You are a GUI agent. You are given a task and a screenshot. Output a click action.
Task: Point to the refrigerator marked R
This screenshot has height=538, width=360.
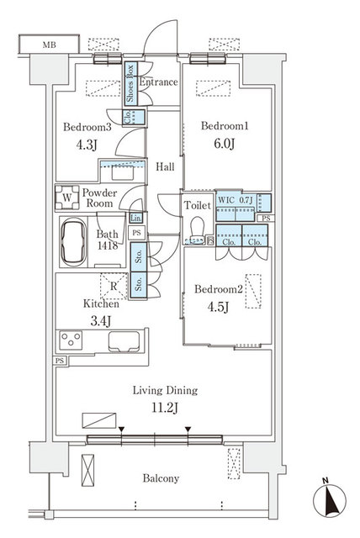109,285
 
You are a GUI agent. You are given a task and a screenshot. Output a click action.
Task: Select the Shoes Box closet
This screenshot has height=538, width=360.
131,84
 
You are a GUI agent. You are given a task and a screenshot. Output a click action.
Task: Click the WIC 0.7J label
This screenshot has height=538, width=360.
234,200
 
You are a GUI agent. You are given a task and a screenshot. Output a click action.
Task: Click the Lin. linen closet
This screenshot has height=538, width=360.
135,218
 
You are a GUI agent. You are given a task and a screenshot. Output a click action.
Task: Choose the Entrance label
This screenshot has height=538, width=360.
158,82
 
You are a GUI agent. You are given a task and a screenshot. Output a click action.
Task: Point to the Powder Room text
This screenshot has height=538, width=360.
98,198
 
